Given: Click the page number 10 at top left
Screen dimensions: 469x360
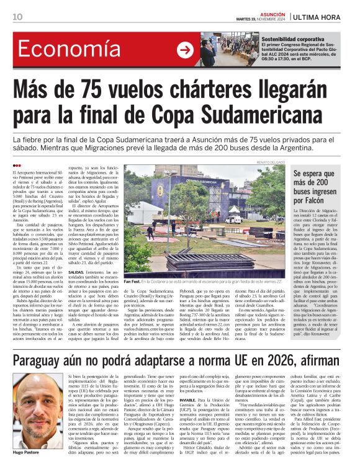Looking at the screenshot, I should coord(17,16).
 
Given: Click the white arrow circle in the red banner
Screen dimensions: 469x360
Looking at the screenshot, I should coord(185,50).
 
